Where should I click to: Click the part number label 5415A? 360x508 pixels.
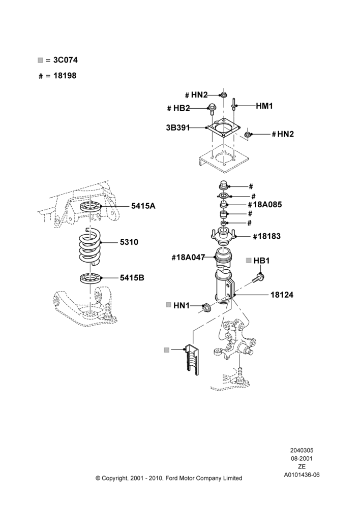(143, 206)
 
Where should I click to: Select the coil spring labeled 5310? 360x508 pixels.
(89, 246)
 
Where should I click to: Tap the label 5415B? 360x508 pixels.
(132, 278)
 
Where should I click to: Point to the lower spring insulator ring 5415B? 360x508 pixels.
(91, 278)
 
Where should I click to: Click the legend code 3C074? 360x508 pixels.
(66, 60)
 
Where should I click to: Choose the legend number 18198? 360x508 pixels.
(65, 76)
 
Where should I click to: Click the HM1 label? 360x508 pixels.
(264, 106)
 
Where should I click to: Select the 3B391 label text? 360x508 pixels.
(178, 128)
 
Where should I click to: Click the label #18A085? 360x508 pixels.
(265, 204)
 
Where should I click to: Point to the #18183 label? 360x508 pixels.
(266, 236)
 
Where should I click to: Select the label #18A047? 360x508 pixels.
(189, 258)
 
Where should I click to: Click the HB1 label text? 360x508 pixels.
(261, 261)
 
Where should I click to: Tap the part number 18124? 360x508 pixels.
(282, 295)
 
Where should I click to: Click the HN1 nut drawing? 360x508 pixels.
(206, 307)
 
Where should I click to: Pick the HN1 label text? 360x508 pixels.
(182, 305)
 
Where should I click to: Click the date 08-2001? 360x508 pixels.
(302, 458)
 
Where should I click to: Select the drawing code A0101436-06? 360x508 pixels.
(302, 475)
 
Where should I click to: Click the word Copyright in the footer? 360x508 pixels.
(115, 478)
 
